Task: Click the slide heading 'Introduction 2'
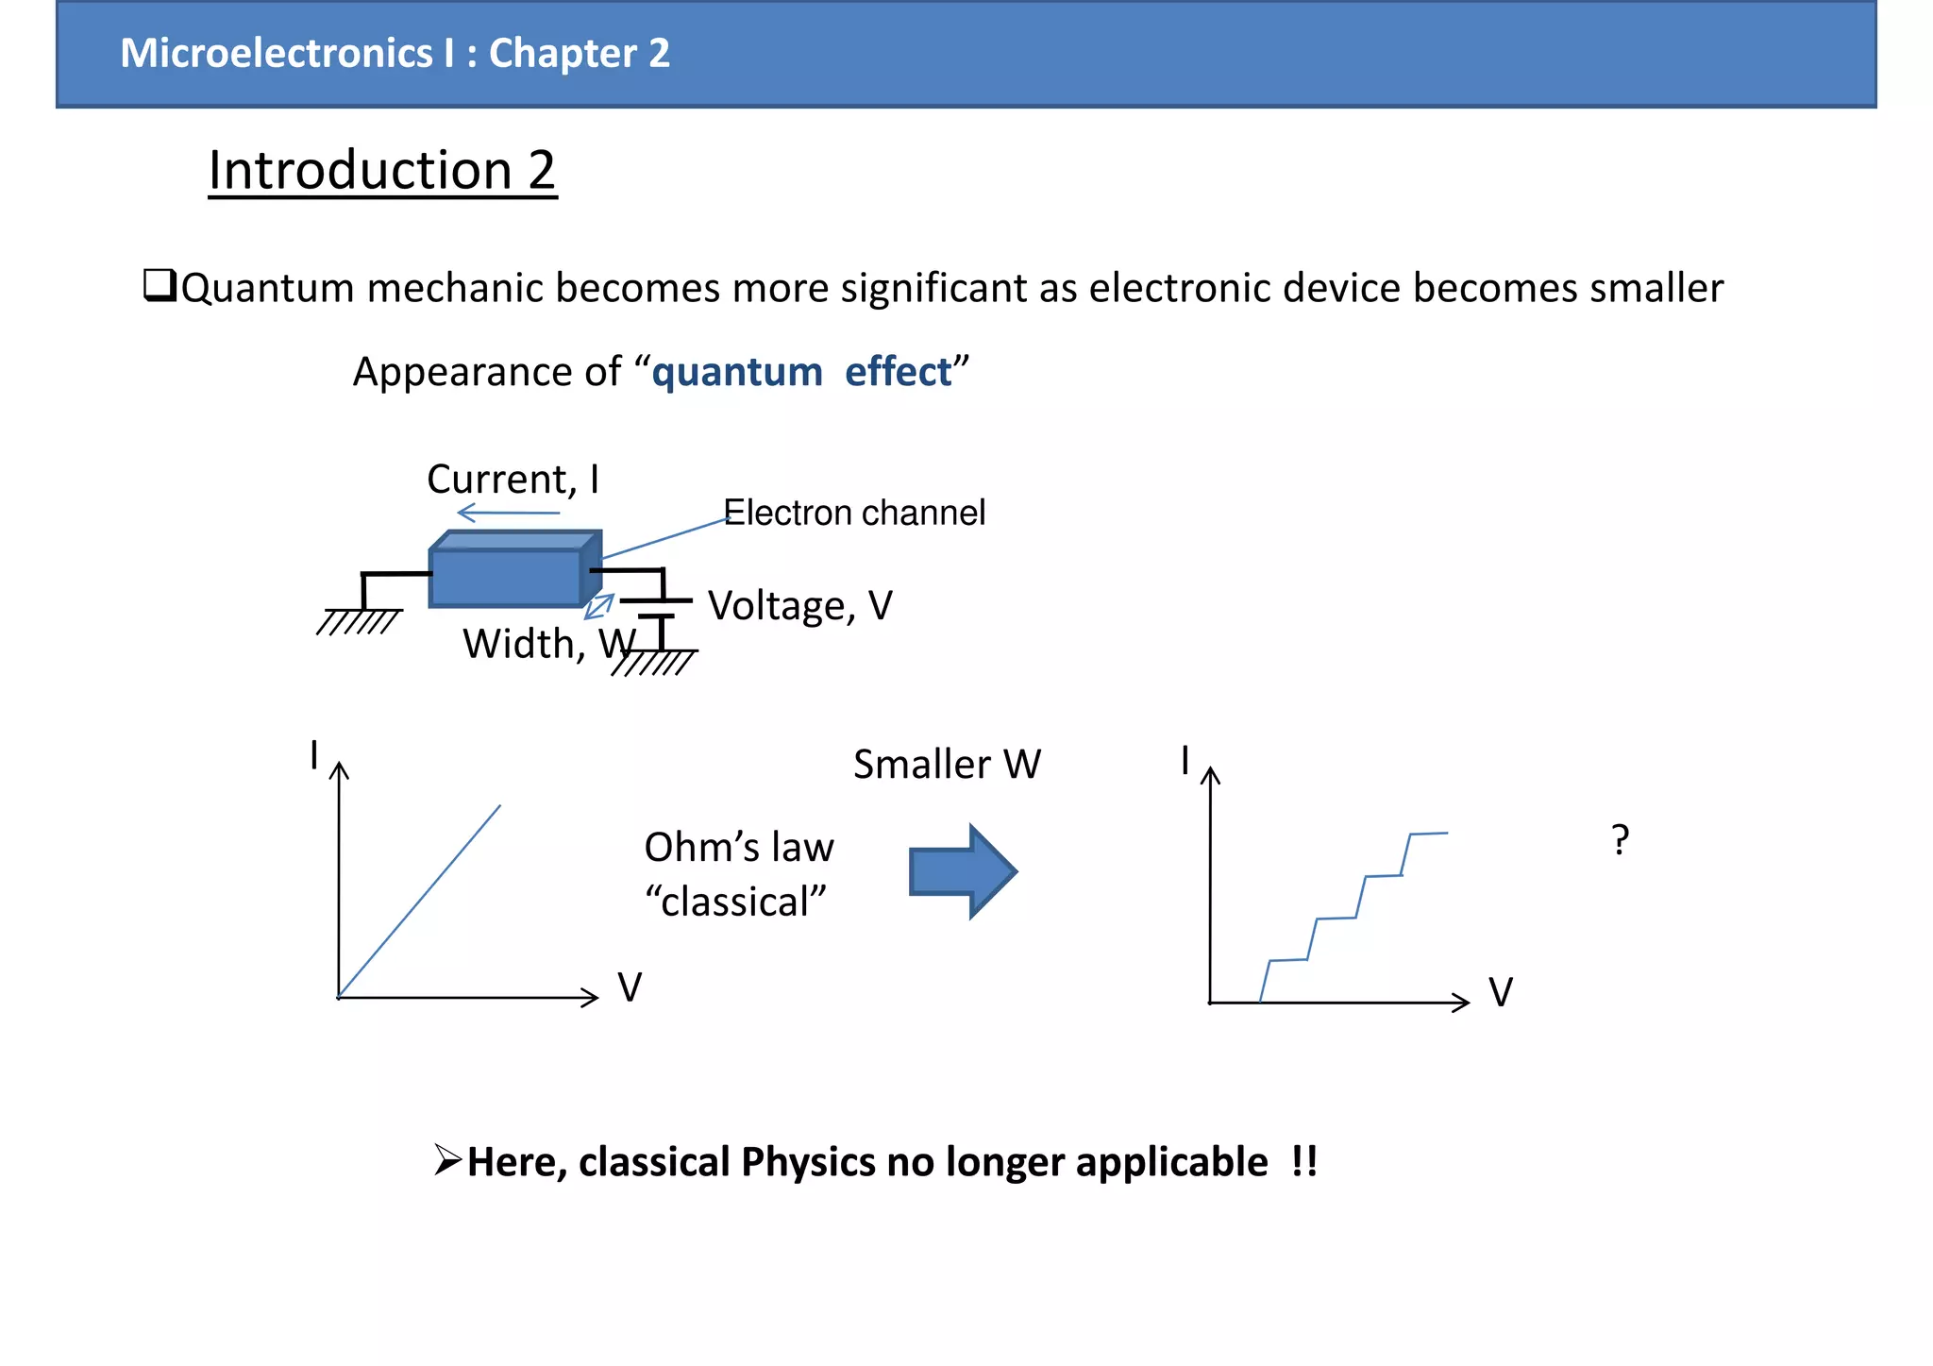[382, 171]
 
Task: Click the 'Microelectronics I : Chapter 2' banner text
[395, 53]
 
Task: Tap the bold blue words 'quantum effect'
[801, 372]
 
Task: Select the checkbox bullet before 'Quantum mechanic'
[159, 285]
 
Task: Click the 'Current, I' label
[513, 480]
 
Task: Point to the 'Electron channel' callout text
[854, 513]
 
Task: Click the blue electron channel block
[506, 577]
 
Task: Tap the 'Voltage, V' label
[799, 605]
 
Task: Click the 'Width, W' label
[547, 644]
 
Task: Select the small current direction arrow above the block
[508, 514]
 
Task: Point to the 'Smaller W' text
[947, 764]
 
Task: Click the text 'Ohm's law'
[739, 847]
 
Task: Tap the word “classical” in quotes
[735, 902]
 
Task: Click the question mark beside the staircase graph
[1620, 839]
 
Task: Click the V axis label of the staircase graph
[1500, 992]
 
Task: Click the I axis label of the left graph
[314, 755]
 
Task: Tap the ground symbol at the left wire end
[359, 622]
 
